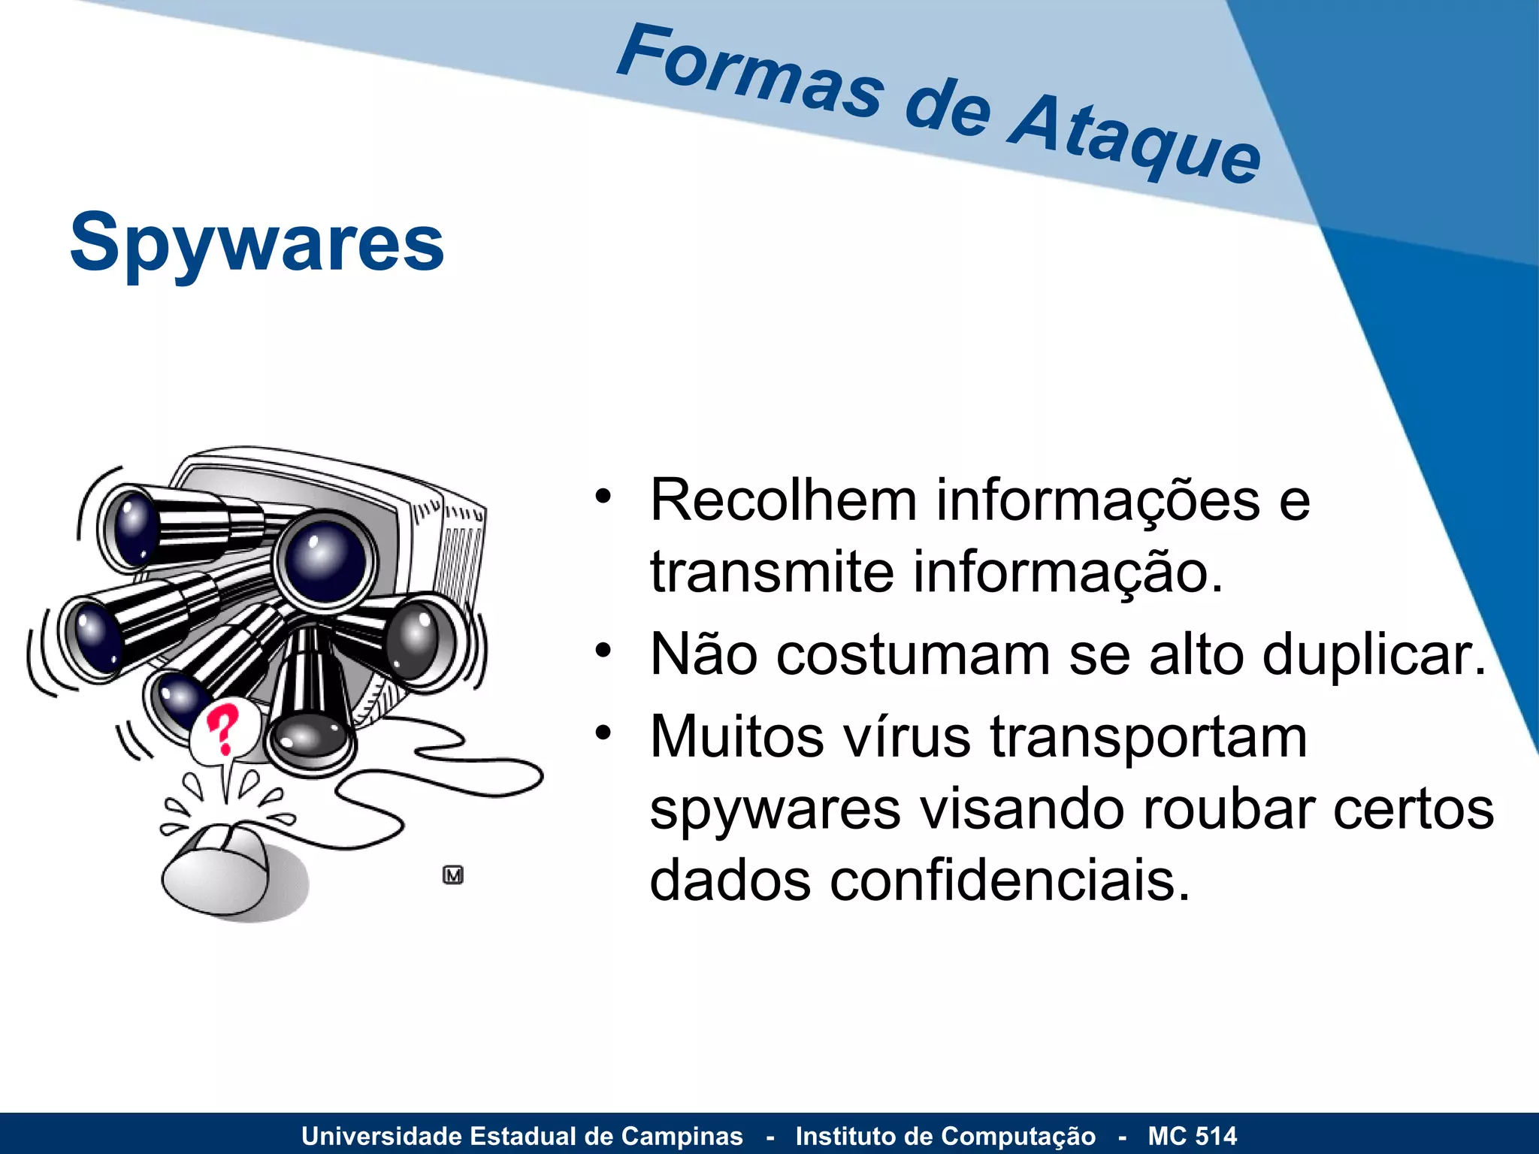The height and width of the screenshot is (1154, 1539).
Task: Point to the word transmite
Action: pyautogui.click(x=772, y=572)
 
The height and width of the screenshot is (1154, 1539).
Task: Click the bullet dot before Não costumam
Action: pyautogui.click(x=603, y=650)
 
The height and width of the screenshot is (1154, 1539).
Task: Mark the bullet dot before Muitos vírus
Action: pyautogui.click(x=603, y=732)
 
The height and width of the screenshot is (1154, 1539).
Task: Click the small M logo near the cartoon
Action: pyautogui.click(x=453, y=875)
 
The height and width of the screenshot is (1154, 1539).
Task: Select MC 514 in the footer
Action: pyautogui.click(x=1192, y=1136)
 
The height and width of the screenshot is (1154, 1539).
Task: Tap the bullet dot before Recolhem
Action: pyautogui.click(x=603, y=496)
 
